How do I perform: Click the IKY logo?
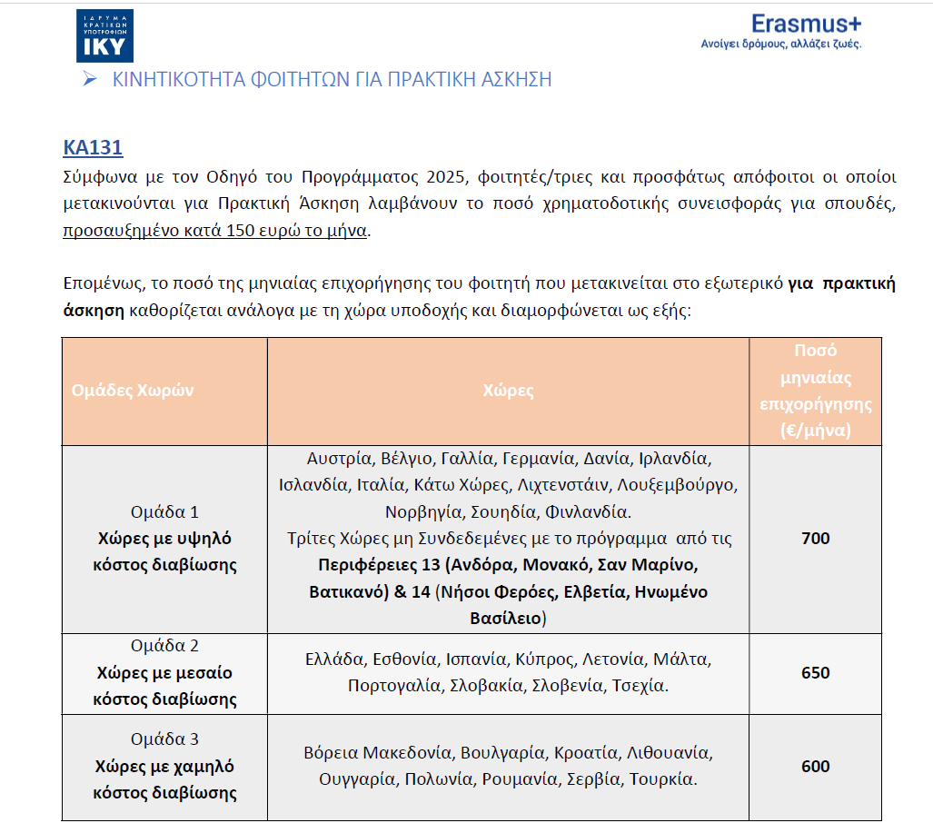tap(104, 35)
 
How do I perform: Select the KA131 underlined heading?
tap(93, 148)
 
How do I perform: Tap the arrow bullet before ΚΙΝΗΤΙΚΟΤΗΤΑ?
tap(89, 79)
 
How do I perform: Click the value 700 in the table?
tap(815, 539)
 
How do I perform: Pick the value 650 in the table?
tap(815, 673)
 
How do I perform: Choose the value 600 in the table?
tap(815, 766)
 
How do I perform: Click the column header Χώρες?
tap(509, 391)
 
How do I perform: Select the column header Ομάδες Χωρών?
tap(133, 391)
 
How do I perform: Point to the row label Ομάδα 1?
tap(164, 512)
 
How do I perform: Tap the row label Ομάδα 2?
tap(164, 647)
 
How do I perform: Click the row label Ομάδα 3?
tap(164, 739)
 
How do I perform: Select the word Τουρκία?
tap(661, 779)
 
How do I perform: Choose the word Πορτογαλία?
tap(394, 685)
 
